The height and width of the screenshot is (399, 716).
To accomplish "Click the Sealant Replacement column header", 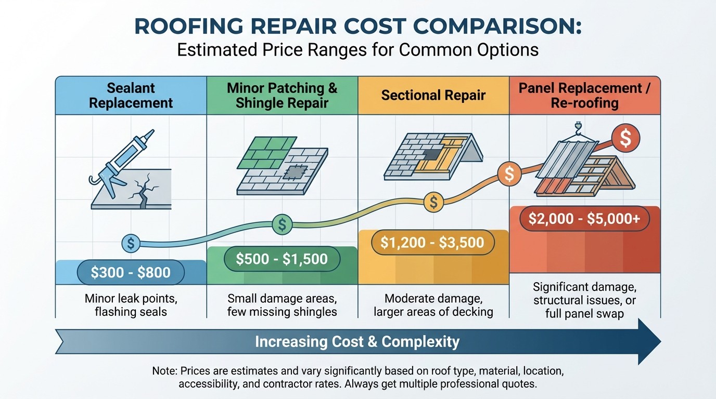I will (131, 95).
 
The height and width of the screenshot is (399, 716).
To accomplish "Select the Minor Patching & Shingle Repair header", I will (282, 95).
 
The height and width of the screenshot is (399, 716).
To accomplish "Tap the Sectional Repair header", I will (433, 96).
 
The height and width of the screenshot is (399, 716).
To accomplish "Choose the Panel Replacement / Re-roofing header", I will (584, 95).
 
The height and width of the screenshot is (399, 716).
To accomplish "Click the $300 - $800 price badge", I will (131, 273).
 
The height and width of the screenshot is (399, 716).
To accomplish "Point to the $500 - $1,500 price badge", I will (282, 259).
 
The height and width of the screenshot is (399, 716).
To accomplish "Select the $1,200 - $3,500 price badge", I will (432, 242).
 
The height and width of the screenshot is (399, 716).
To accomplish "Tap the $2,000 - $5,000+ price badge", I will (584, 219).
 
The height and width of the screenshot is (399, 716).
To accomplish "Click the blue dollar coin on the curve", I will (131, 243).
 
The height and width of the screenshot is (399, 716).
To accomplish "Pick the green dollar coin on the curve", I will (282, 224).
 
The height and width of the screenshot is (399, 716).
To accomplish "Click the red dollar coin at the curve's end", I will (625, 139).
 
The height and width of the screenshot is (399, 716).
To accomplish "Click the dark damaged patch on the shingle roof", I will (296, 172).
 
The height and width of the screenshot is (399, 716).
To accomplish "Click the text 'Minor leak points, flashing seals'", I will (131, 305).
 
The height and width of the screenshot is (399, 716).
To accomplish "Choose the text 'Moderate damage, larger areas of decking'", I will (432, 305).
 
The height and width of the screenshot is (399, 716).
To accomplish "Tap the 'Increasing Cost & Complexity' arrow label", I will (357, 342).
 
